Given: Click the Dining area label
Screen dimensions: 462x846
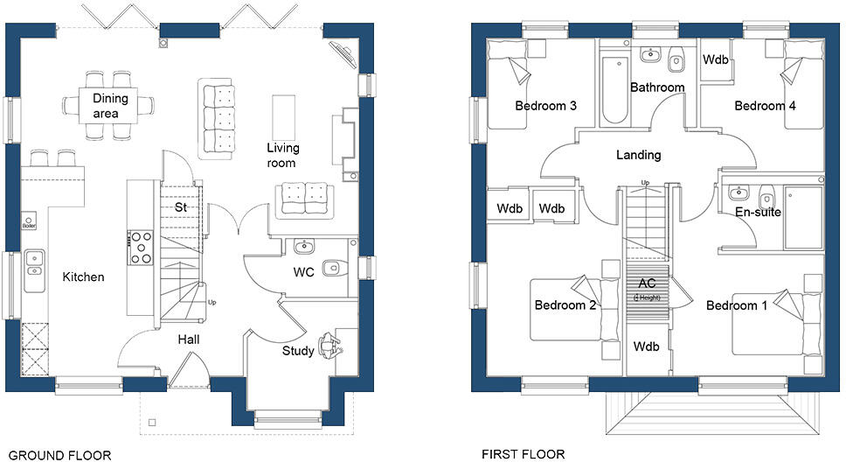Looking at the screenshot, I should (111, 105).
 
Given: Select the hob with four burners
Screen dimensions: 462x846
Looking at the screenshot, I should (140, 247).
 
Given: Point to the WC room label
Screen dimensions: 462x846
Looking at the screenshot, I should (303, 272).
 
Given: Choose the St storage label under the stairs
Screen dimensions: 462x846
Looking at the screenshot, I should (181, 208).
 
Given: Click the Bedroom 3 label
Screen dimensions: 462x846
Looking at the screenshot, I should (545, 106).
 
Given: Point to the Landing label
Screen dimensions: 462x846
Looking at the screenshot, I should (638, 155).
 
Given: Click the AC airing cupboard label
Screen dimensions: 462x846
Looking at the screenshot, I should (647, 283).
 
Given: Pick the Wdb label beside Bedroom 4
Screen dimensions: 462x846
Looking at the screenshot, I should (717, 61).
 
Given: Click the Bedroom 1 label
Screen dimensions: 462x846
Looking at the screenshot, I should (737, 305).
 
